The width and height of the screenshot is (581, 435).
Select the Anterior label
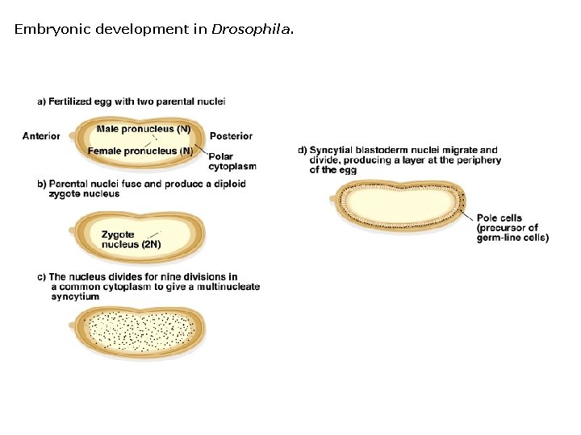(41, 136)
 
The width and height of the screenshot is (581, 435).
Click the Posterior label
(231, 136)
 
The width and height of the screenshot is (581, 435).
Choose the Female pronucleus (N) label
(140, 151)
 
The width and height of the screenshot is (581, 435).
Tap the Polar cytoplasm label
(232, 162)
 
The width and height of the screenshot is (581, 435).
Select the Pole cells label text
(499, 217)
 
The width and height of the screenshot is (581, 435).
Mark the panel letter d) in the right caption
(303, 150)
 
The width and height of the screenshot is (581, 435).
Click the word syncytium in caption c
(75, 296)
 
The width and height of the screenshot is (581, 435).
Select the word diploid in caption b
(228, 184)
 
